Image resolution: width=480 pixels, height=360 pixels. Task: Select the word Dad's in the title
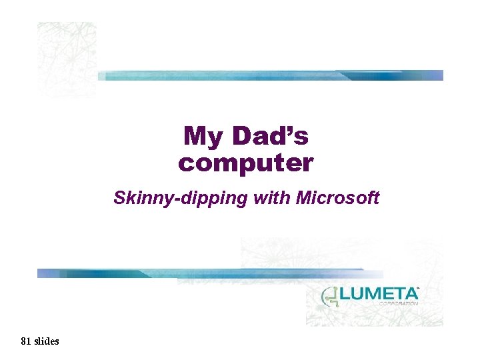[270, 136]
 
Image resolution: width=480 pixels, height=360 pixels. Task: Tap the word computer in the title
[245, 163]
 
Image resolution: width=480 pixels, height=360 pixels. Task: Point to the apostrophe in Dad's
[291, 131]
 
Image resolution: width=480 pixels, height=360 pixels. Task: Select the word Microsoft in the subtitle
[338, 197]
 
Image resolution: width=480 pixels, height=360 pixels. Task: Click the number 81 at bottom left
[25, 341]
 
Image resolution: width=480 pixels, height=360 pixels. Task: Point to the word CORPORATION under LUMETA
[398, 303]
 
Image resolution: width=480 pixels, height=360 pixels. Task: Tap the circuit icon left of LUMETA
[329, 297]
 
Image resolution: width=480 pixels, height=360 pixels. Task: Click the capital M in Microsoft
[304, 197]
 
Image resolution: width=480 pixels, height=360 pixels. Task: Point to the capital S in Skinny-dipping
[119, 197]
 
